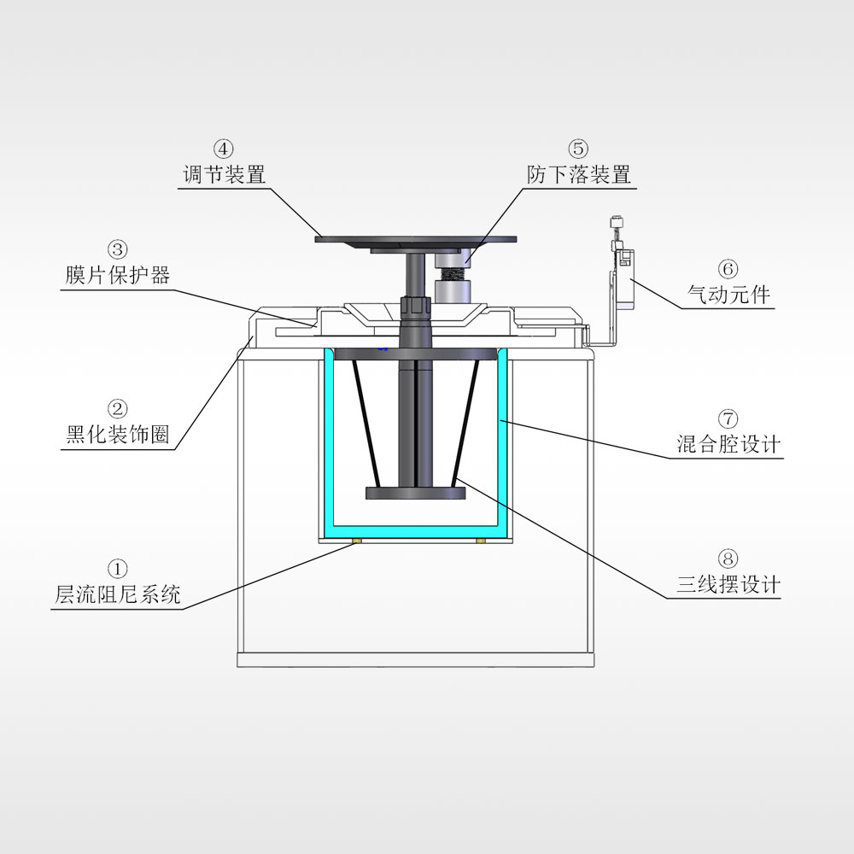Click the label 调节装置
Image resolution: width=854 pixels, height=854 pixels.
(224, 175)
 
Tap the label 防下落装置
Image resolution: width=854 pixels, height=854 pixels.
(579, 175)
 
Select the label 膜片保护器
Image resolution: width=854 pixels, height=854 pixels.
(118, 275)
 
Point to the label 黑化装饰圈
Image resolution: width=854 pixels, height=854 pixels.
(118, 435)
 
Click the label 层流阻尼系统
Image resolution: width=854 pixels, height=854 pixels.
(118, 595)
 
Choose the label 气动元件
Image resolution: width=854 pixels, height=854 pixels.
(728, 295)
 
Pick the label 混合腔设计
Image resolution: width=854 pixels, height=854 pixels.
(728, 444)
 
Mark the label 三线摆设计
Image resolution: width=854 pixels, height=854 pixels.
(728, 585)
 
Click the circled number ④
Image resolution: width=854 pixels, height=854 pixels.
(224, 149)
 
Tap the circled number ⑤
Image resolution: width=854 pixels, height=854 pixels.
(579, 149)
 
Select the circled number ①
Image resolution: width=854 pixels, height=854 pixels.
(118, 569)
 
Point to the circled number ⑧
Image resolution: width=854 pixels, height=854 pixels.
(728, 559)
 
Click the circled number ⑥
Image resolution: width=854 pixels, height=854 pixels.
(728, 268)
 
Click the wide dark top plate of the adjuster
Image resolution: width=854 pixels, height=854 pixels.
(416, 240)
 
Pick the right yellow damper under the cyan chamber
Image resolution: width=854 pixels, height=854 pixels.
(480, 541)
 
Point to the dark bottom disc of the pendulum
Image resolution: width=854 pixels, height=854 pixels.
(416, 494)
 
